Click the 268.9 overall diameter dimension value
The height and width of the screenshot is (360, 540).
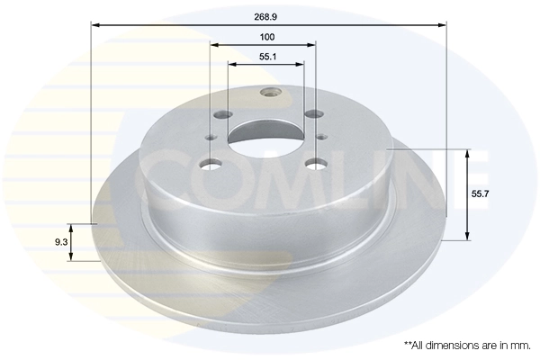pyautogui.click(x=266, y=14)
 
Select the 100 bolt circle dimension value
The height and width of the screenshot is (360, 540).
pyautogui.click(x=266, y=37)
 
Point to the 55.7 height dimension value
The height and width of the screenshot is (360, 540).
pyautogui.click(x=480, y=193)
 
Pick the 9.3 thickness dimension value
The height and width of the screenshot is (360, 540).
pyautogui.click(x=60, y=241)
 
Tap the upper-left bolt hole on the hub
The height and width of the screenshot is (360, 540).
pyautogui.click(x=222, y=115)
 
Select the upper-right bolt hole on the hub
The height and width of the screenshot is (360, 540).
pyautogui.click(x=313, y=114)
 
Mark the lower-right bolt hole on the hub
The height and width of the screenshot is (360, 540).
pyautogui.click(x=315, y=164)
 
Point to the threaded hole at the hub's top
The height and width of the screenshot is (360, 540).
pyautogui.click(x=267, y=92)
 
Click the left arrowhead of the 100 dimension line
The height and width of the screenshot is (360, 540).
pyautogui.click(x=214, y=46)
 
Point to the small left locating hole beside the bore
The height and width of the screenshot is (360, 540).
pyautogui.click(x=211, y=137)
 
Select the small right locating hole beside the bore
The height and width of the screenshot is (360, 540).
pyautogui.click(x=321, y=137)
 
